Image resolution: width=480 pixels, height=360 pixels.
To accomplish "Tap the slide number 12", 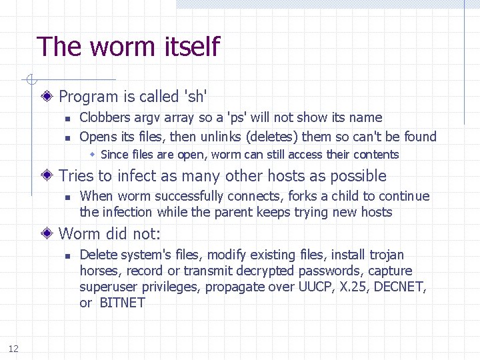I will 13,348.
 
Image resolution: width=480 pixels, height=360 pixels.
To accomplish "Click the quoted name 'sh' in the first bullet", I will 195,97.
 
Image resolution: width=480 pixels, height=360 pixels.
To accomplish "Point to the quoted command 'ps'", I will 235,118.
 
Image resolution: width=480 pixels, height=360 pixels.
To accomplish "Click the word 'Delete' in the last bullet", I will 98,255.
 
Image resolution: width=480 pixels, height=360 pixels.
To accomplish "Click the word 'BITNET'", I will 122,303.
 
